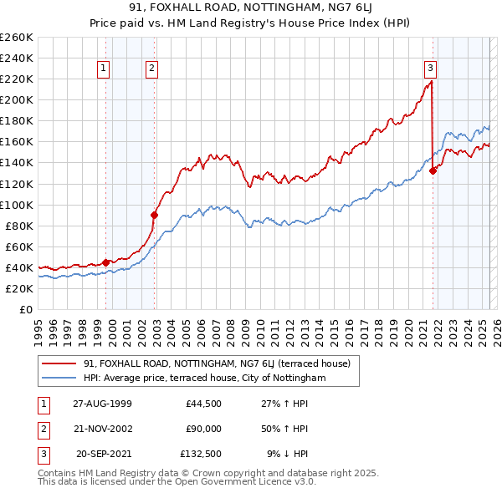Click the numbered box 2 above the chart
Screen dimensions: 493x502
coord(152,69)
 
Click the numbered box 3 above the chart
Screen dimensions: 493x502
coord(429,69)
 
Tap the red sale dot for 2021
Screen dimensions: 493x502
coord(433,170)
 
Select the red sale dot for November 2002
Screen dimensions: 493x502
coord(154,215)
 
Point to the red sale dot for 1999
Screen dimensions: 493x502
coord(106,262)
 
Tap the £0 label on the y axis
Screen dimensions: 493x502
coord(26,309)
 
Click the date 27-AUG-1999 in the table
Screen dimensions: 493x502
coord(103,404)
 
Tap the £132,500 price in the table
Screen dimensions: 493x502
coord(201,454)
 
